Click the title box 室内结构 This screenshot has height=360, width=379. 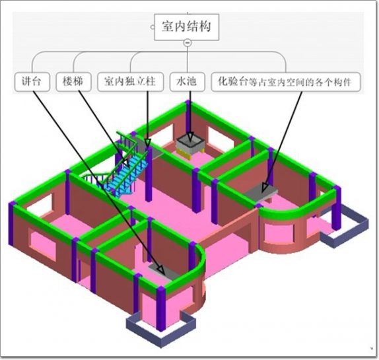click(x=187, y=27)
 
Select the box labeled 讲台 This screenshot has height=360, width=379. click(x=32, y=82)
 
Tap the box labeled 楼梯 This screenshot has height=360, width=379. click(x=73, y=82)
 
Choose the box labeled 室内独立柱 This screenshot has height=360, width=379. click(x=131, y=82)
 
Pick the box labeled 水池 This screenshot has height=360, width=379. click(x=188, y=82)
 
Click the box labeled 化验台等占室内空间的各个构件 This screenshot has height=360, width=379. click(x=286, y=82)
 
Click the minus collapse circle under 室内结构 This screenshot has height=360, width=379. click(x=188, y=43)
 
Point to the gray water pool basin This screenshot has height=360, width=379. click(x=190, y=144)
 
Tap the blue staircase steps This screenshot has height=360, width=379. click(x=125, y=175)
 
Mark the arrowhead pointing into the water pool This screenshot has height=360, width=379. click(x=190, y=137)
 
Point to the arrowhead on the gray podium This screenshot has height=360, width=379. click(x=161, y=270)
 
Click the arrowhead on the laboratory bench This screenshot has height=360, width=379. click(x=265, y=188)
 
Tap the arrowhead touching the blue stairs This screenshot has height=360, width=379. click(x=125, y=162)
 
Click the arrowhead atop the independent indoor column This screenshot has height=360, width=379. click(x=148, y=142)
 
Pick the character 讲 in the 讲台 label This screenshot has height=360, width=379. click(x=26, y=81)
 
